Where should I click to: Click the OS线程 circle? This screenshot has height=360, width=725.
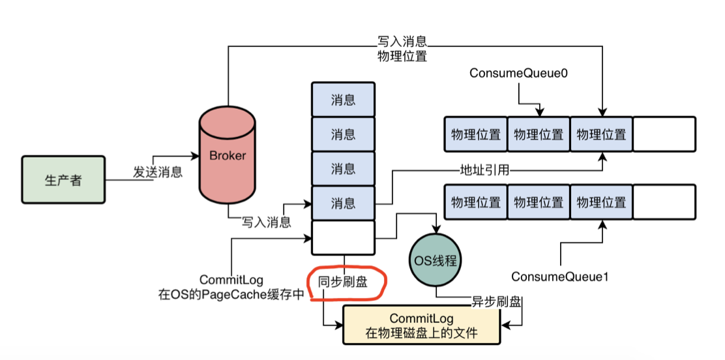(434, 260)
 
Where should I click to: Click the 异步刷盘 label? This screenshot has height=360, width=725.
(496, 302)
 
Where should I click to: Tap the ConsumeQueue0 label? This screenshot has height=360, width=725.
(518, 74)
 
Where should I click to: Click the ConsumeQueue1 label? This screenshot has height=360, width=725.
(559, 277)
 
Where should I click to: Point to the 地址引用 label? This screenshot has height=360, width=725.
(484, 170)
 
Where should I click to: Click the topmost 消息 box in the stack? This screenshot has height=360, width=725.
(343, 100)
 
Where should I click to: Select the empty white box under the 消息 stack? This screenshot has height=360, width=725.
(343, 237)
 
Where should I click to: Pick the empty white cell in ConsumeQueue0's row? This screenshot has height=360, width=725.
(664, 134)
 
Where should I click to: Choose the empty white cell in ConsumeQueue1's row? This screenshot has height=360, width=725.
(664, 202)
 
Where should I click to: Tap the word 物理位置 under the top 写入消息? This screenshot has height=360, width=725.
(402, 56)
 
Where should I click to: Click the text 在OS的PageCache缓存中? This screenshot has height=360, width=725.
(231, 294)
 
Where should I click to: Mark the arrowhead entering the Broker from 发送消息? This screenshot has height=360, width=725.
(195, 157)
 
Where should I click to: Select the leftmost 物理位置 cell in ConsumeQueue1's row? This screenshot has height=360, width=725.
(476, 202)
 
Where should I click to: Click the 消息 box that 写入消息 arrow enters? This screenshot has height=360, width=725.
(343, 203)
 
